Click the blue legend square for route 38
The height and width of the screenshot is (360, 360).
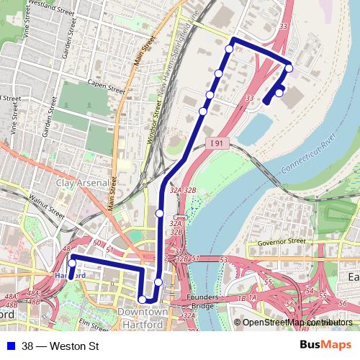(12, 346)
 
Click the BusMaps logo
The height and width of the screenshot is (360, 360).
(320, 346)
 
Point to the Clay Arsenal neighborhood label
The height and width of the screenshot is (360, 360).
(81, 183)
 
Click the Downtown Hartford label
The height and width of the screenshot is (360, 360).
(142, 318)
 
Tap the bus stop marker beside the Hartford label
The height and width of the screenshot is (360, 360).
(72, 264)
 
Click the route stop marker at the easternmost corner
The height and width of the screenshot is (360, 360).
(289, 68)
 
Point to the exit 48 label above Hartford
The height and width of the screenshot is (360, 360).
(67, 248)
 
